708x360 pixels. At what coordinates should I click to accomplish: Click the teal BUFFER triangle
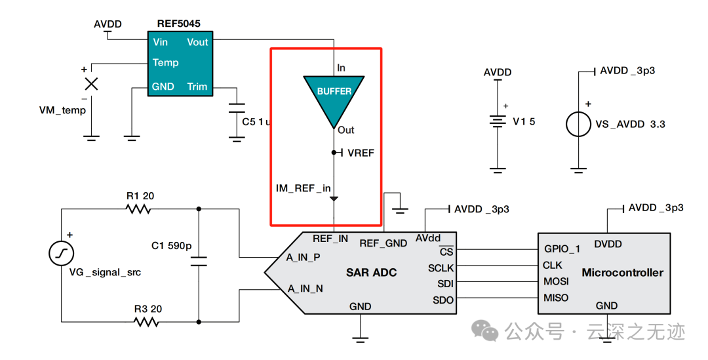[334, 97]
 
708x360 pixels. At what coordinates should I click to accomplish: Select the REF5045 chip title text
[178, 24]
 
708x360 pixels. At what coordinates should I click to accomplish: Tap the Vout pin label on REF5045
[197, 42]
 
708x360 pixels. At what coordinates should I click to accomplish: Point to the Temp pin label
[165, 63]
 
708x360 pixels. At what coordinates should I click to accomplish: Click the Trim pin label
[197, 87]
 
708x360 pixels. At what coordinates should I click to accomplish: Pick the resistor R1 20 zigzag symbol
[138, 209]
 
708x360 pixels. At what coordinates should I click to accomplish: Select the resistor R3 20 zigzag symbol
[146, 322]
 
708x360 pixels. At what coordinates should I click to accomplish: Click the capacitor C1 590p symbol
[198, 262]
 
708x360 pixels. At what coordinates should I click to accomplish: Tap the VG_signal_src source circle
[62, 253]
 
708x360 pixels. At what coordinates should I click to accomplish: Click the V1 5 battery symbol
[498, 122]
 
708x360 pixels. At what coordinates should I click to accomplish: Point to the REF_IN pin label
[330, 239]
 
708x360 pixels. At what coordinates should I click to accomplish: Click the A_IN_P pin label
[303, 258]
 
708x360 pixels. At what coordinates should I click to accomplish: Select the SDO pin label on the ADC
[443, 300]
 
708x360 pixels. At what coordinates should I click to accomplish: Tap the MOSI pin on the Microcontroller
[556, 281]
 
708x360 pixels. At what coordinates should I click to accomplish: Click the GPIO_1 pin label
[562, 249]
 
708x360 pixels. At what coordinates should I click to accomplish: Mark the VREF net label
[361, 153]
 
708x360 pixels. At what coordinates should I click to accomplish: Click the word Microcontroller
[622, 272]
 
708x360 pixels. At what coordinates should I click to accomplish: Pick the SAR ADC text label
[371, 272]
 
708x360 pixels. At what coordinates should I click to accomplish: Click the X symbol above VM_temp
[92, 83]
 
